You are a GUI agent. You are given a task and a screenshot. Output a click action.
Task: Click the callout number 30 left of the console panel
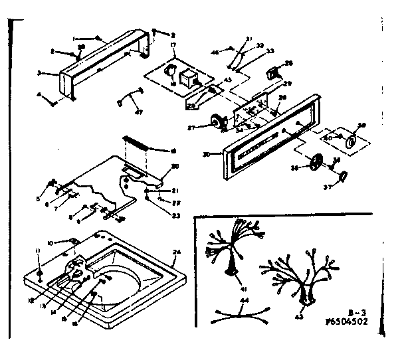click(207, 154)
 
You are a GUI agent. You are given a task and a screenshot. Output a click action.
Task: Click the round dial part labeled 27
click(217, 122)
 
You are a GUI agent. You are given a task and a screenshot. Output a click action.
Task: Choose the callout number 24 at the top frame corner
click(176, 252)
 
